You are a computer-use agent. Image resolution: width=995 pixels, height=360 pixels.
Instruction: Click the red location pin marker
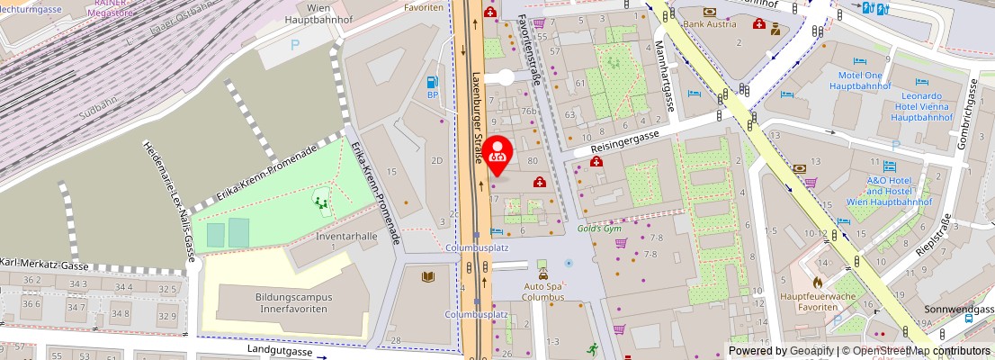click(x=497, y=154)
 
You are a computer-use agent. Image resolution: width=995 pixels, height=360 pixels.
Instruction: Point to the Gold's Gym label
click(x=600, y=229)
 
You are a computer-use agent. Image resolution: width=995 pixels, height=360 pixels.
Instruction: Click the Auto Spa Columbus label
click(x=543, y=292)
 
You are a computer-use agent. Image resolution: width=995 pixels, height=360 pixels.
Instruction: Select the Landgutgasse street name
click(x=280, y=351)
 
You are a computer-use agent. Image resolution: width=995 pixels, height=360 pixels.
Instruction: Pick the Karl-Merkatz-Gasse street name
click(x=45, y=266)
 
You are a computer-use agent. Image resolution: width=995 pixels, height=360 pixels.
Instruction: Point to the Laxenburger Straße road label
click(x=475, y=117)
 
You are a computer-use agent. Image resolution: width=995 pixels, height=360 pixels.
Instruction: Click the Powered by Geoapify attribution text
click(x=779, y=351)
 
